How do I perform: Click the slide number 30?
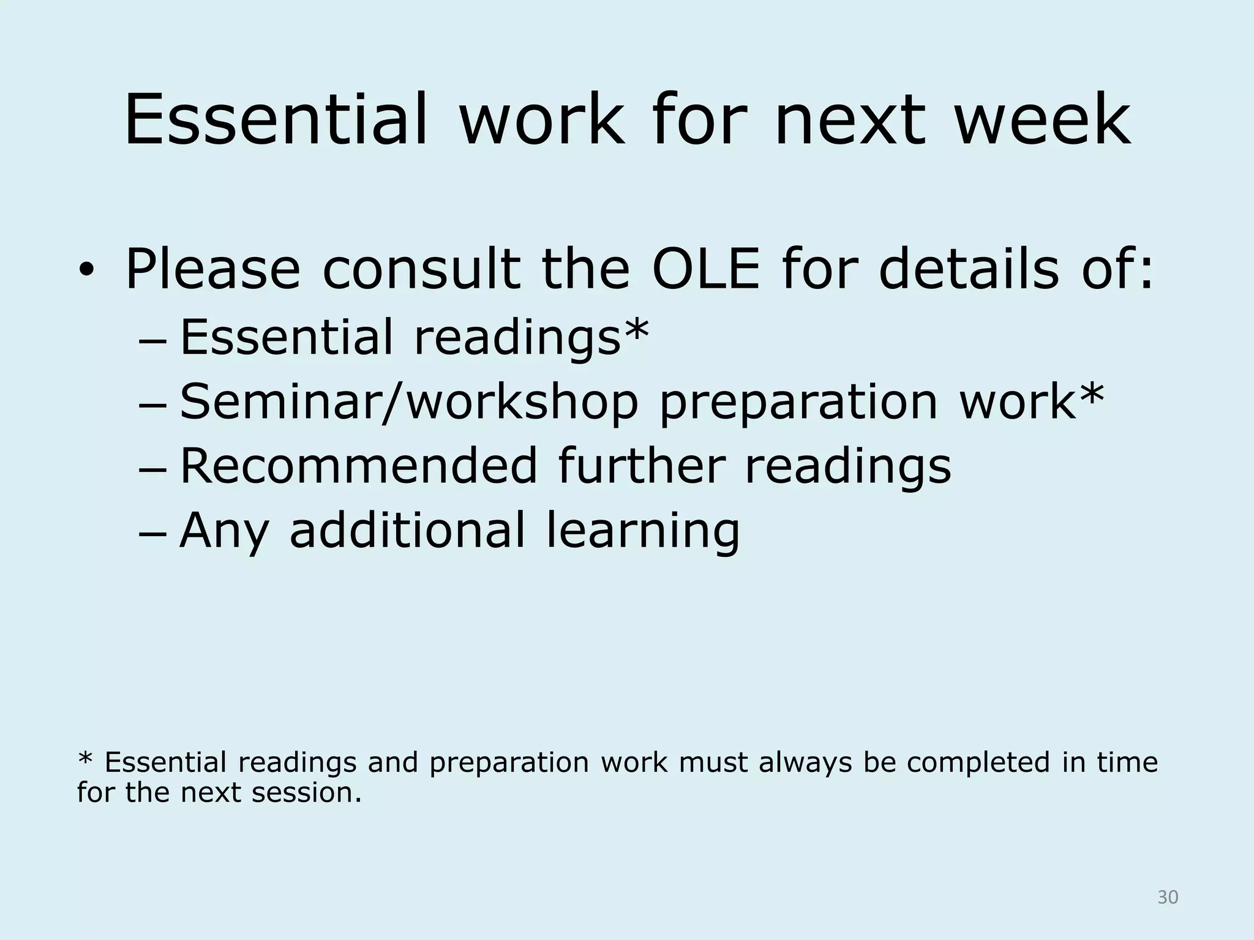pyautogui.click(x=1168, y=897)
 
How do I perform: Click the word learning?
pyautogui.click(x=643, y=531)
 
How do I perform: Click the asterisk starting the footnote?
pyautogui.click(x=85, y=760)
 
